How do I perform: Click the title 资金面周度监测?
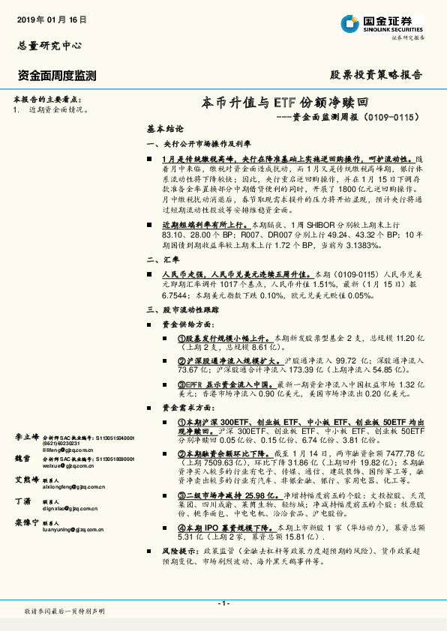(x=56, y=75)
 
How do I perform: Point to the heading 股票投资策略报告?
(x=376, y=75)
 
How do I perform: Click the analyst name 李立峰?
(x=26, y=436)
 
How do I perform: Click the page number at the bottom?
(x=223, y=604)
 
